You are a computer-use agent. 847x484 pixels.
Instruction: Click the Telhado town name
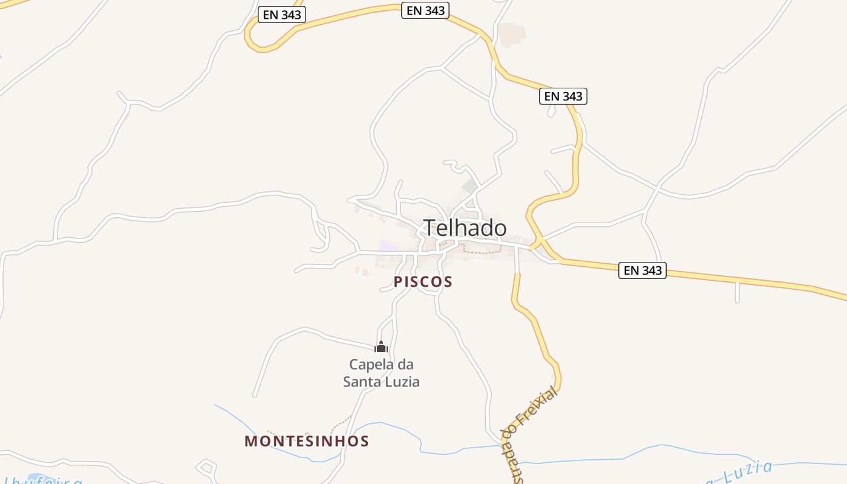tap(465, 228)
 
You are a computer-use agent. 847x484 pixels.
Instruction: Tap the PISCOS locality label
tap(423, 282)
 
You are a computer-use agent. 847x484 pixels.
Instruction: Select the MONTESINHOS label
tap(307, 441)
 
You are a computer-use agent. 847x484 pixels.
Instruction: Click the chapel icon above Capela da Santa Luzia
tap(381, 347)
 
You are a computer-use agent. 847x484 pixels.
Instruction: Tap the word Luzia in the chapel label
tap(404, 382)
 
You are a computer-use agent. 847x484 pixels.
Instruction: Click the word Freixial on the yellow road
tap(539, 407)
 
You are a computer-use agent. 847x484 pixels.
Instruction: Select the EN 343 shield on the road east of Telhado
tap(642, 270)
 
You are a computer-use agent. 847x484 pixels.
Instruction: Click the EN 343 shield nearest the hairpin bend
tap(282, 15)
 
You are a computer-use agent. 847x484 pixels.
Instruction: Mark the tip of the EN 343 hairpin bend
tap(248, 36)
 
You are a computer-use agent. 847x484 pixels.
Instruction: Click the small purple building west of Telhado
tap(388, 246)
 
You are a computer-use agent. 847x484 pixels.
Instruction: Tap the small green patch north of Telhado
tap(470, 186)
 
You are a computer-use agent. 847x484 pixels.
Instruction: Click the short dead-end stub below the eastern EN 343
tap(737, 293)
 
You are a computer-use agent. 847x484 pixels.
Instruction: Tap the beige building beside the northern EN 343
tap(512, 34)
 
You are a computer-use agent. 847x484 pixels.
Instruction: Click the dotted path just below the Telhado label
tap(482, 251)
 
